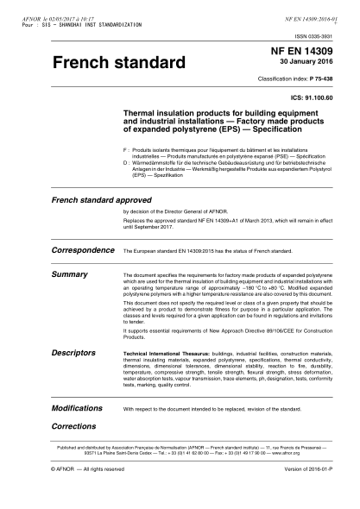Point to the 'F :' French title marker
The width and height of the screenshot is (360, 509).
pyautogui.click(x=127, y=149)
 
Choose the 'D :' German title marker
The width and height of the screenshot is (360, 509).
pyautogui.click(x=127, y=161)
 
